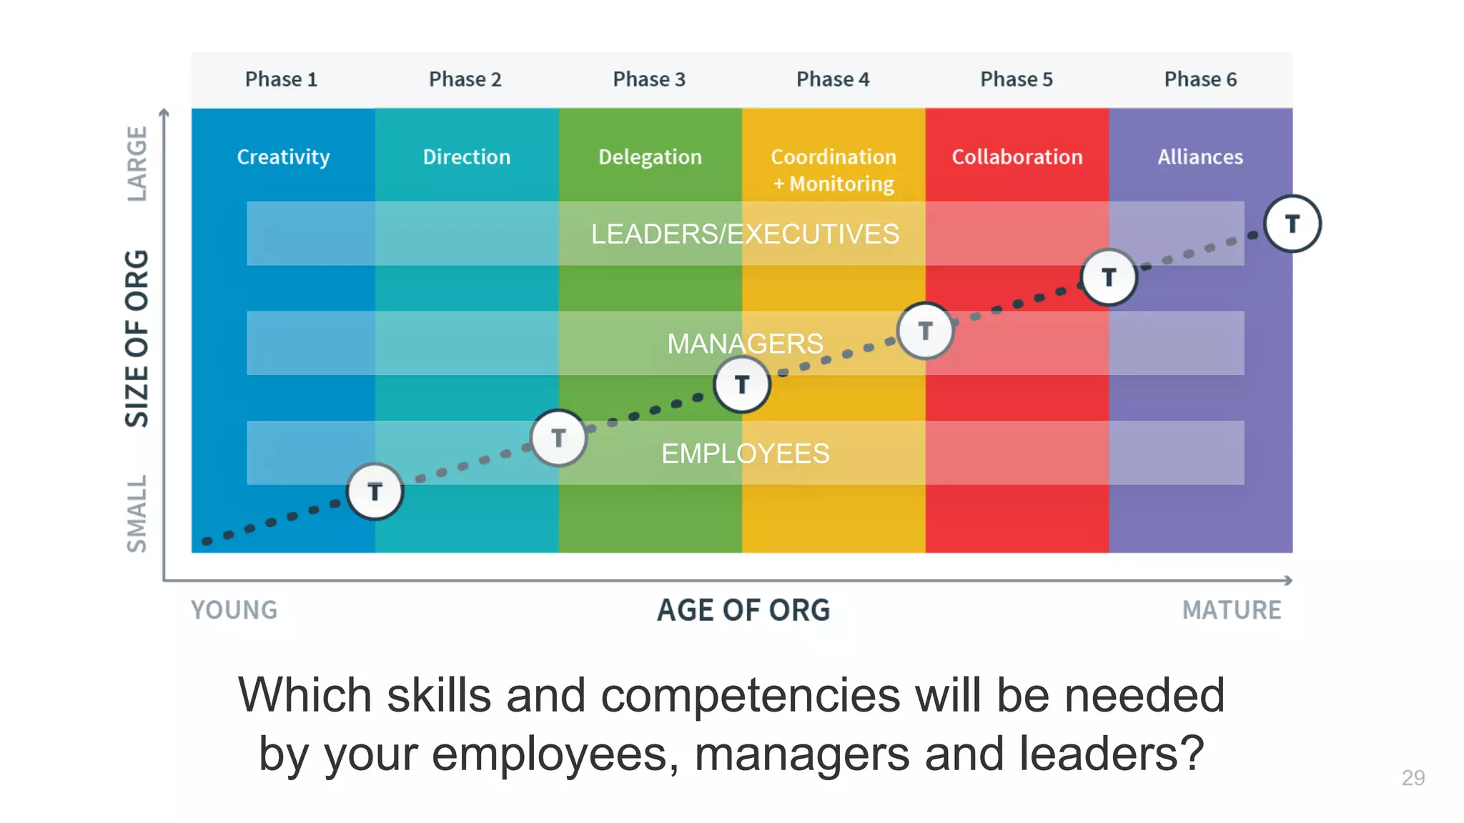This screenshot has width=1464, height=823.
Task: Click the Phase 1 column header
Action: (x=281, y=79)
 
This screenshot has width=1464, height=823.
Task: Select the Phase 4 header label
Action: (x=833, y=79)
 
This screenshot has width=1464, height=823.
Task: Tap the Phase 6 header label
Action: (x=1200, y=79)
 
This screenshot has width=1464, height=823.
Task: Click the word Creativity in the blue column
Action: (x=283, y=157)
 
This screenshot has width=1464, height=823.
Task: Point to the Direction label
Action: (x=467, y=157)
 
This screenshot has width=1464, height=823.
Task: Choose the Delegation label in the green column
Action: (x=650, y=157)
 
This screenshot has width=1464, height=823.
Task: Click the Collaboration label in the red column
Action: (x=1017, y=157)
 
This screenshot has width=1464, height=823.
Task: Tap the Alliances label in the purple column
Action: (x=1200, y=157)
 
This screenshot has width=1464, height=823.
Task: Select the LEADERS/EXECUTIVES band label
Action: (x=745, y=234)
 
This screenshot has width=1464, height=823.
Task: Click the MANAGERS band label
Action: (x=745, y=344)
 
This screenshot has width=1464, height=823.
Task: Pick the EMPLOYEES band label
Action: (x=745, y=454)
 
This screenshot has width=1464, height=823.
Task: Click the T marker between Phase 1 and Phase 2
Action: (x=375, y=492)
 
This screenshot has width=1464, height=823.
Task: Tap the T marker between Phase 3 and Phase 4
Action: (x=742, y=384)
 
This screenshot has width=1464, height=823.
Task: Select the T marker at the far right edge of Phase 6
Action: (x=1292, y=224)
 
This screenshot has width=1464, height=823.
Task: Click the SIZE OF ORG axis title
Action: (x=137, y=339)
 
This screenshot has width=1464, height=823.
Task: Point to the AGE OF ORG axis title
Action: (x=743, y=610)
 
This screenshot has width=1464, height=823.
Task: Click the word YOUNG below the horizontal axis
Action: (x=234, y=610)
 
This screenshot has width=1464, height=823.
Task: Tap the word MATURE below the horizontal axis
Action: (x=1232, y=610)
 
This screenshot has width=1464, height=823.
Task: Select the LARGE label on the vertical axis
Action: (x=137, y=164)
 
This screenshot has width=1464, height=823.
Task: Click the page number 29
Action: (x=1413, y=777)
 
